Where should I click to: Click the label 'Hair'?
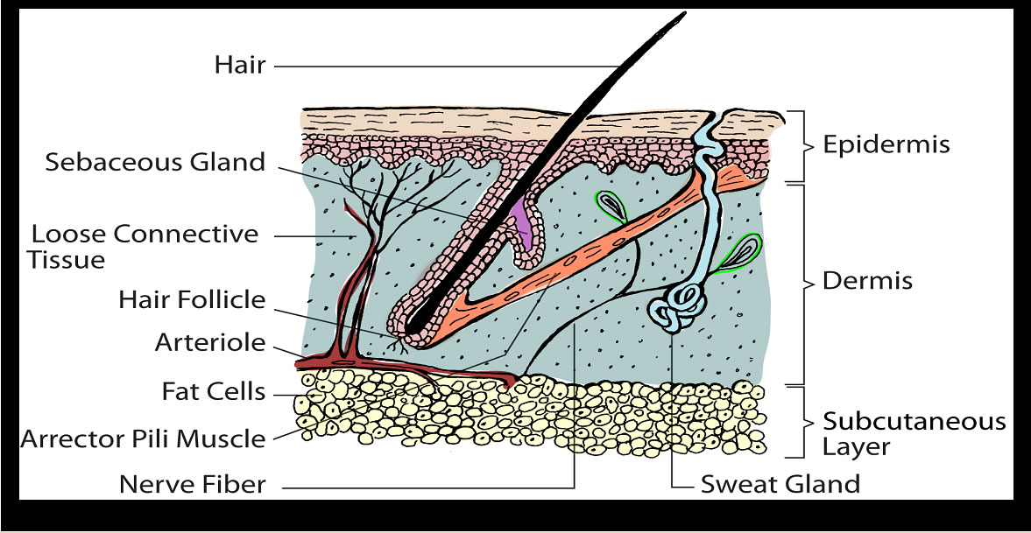[239, 65]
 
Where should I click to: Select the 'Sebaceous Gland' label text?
[155, 162]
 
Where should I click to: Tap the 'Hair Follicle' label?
[192, 299]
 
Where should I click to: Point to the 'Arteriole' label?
[209, 342]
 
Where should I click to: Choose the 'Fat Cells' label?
[213, 391]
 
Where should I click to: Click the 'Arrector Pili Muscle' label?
[143, 437]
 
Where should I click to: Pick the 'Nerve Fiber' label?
[192, 484]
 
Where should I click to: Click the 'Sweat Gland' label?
[780, 484]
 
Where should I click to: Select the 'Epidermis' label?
[886, 144]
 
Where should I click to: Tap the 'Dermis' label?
[867, 282]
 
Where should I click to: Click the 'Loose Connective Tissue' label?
[145, 247]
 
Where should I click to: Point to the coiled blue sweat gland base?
[679, 306]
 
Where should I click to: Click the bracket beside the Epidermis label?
[798, 145]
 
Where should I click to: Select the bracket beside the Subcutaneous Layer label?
[798, 422]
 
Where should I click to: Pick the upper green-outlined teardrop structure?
[611, 207]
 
